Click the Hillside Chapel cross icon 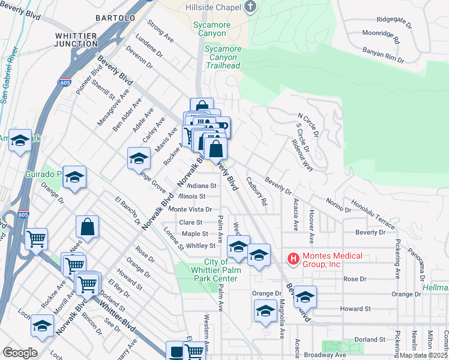pos(251,7)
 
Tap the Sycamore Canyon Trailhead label pos(223,57)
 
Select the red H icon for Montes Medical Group pos(294,259)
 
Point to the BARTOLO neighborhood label pos(114,19)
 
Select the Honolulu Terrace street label pos(373,215)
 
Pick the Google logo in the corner pos(20,353)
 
